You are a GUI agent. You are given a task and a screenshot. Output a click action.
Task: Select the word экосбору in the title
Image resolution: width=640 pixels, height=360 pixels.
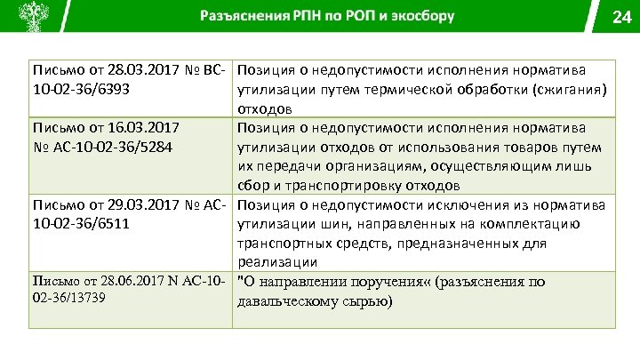423,16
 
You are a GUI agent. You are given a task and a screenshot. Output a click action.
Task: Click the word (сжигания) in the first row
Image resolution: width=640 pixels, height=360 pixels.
573,89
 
